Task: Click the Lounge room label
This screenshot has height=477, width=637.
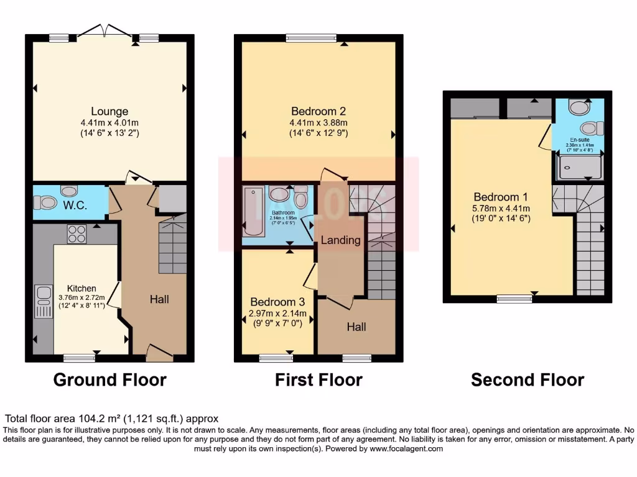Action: click(x=109, y=112)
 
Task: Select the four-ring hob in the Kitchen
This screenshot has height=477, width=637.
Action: click(x=77, y=234)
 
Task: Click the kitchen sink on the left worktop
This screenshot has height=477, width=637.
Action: click(x=44, y=300)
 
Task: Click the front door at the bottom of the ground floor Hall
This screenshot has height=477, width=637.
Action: click(x=159, y=354)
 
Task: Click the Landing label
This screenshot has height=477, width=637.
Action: click(x=340, y=240)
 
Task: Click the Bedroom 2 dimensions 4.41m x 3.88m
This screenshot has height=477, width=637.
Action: click(x=318, y=123)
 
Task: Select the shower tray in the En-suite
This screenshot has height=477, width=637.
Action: click(x=581, y=168)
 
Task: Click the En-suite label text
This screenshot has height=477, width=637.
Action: click(x=579, y=140)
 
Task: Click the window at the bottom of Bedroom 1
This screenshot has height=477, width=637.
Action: click(x=514, y=299)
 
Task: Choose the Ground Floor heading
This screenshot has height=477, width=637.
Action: click(x=110, y=379)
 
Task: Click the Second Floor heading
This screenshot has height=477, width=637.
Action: click(x=528, y=379)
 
